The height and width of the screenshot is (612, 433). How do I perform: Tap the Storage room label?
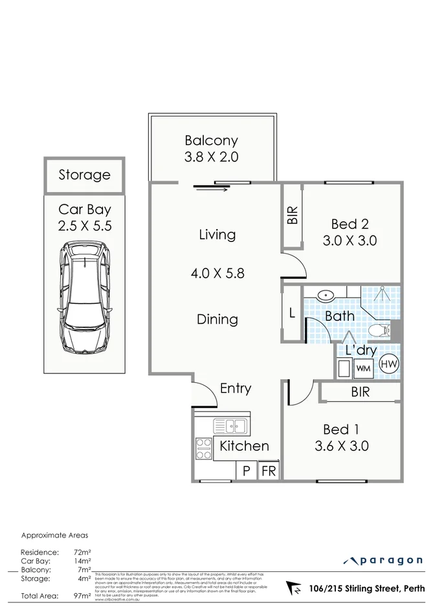pyautogui.click(x=84, y=175)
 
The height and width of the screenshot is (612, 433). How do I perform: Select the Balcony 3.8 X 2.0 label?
pyautogui.click(x=212, y=148)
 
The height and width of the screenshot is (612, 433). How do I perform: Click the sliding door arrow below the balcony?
pyautogui.click(x=210, y=188)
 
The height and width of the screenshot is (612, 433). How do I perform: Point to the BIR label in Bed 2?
pyautogui.click(x=292, y=215)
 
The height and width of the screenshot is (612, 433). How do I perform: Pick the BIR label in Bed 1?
pyautogui.click(x=360, y=392)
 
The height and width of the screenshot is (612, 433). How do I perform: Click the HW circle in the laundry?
pyautogui.click(x=388, y=366)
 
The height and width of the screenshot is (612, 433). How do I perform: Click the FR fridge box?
pyautogui.click(x=268, y=471)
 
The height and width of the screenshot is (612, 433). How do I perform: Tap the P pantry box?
pyautogui.click(x=246, y=471)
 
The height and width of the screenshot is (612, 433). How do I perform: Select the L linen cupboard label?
pyautogui.click(x=292, y=314)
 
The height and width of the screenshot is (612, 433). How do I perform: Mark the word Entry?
pyautogui.click(x=235, y=388)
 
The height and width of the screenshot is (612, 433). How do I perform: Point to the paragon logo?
pyautogui.click(x=383, y=560)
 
